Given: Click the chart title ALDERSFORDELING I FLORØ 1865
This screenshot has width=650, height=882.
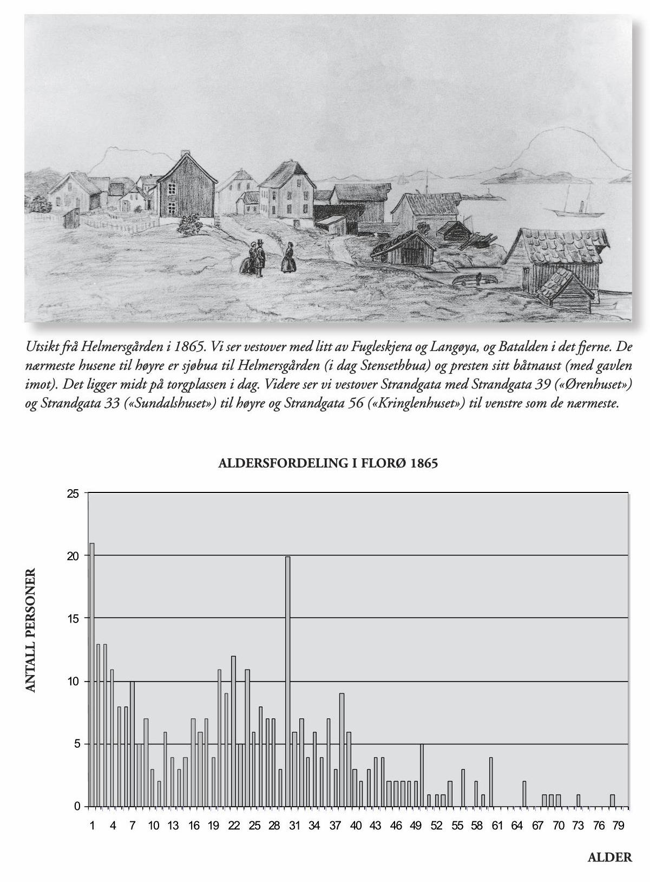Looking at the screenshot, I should [x=327, y=464].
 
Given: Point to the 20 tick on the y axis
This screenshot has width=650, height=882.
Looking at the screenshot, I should [x=74, y=556].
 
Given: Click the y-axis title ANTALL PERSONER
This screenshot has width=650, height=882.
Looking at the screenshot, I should [x=31, y=630].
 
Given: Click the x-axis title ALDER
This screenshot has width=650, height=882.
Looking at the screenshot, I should [x=609, y=858].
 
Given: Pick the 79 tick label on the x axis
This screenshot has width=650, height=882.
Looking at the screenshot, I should [x=619, y=826].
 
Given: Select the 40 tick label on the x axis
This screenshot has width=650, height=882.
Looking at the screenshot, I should [x=356, y=826].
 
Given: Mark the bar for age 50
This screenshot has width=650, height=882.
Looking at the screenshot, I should [x=422, y=775].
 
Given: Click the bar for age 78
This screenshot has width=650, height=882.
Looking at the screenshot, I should [x=612, y=801].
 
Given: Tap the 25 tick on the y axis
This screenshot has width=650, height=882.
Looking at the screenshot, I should [x=74, y=494].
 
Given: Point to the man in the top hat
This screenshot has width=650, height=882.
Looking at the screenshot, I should [x=260, y=258].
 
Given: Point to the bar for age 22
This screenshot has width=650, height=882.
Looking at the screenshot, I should [x=234, y=731].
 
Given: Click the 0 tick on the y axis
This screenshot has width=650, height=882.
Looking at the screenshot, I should [x=77, y=807].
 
